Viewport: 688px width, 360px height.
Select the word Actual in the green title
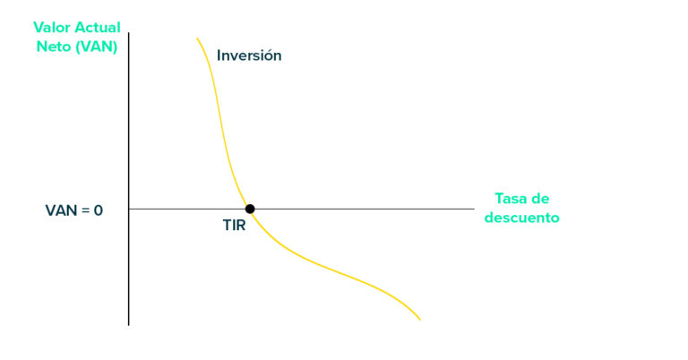[x=98, y=28]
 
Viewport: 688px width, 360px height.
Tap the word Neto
[x=50, y=47]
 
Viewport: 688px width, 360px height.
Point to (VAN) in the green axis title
[x=95, y=47]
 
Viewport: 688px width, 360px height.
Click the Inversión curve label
[x=249, y=56]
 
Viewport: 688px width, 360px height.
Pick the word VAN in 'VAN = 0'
[x=61, y=210]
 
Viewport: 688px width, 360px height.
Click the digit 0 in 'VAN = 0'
[x=99, y=210]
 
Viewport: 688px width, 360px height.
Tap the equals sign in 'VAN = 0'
[x=84, y=210]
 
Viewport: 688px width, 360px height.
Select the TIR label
[x=234, y=226]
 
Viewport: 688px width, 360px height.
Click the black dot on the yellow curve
[x=250, y=209]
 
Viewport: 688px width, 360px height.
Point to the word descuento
[x=522, y=218]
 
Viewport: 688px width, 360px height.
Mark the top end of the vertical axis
[x=129, y=34]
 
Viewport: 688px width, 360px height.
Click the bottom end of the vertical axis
[x=129, y=324]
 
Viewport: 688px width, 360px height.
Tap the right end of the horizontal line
[x=473, y=209]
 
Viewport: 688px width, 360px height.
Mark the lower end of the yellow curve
[x=419, y=319]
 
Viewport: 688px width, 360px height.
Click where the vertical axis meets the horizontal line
[x=129, y=209]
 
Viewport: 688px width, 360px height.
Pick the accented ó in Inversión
[x=266, y=55]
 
